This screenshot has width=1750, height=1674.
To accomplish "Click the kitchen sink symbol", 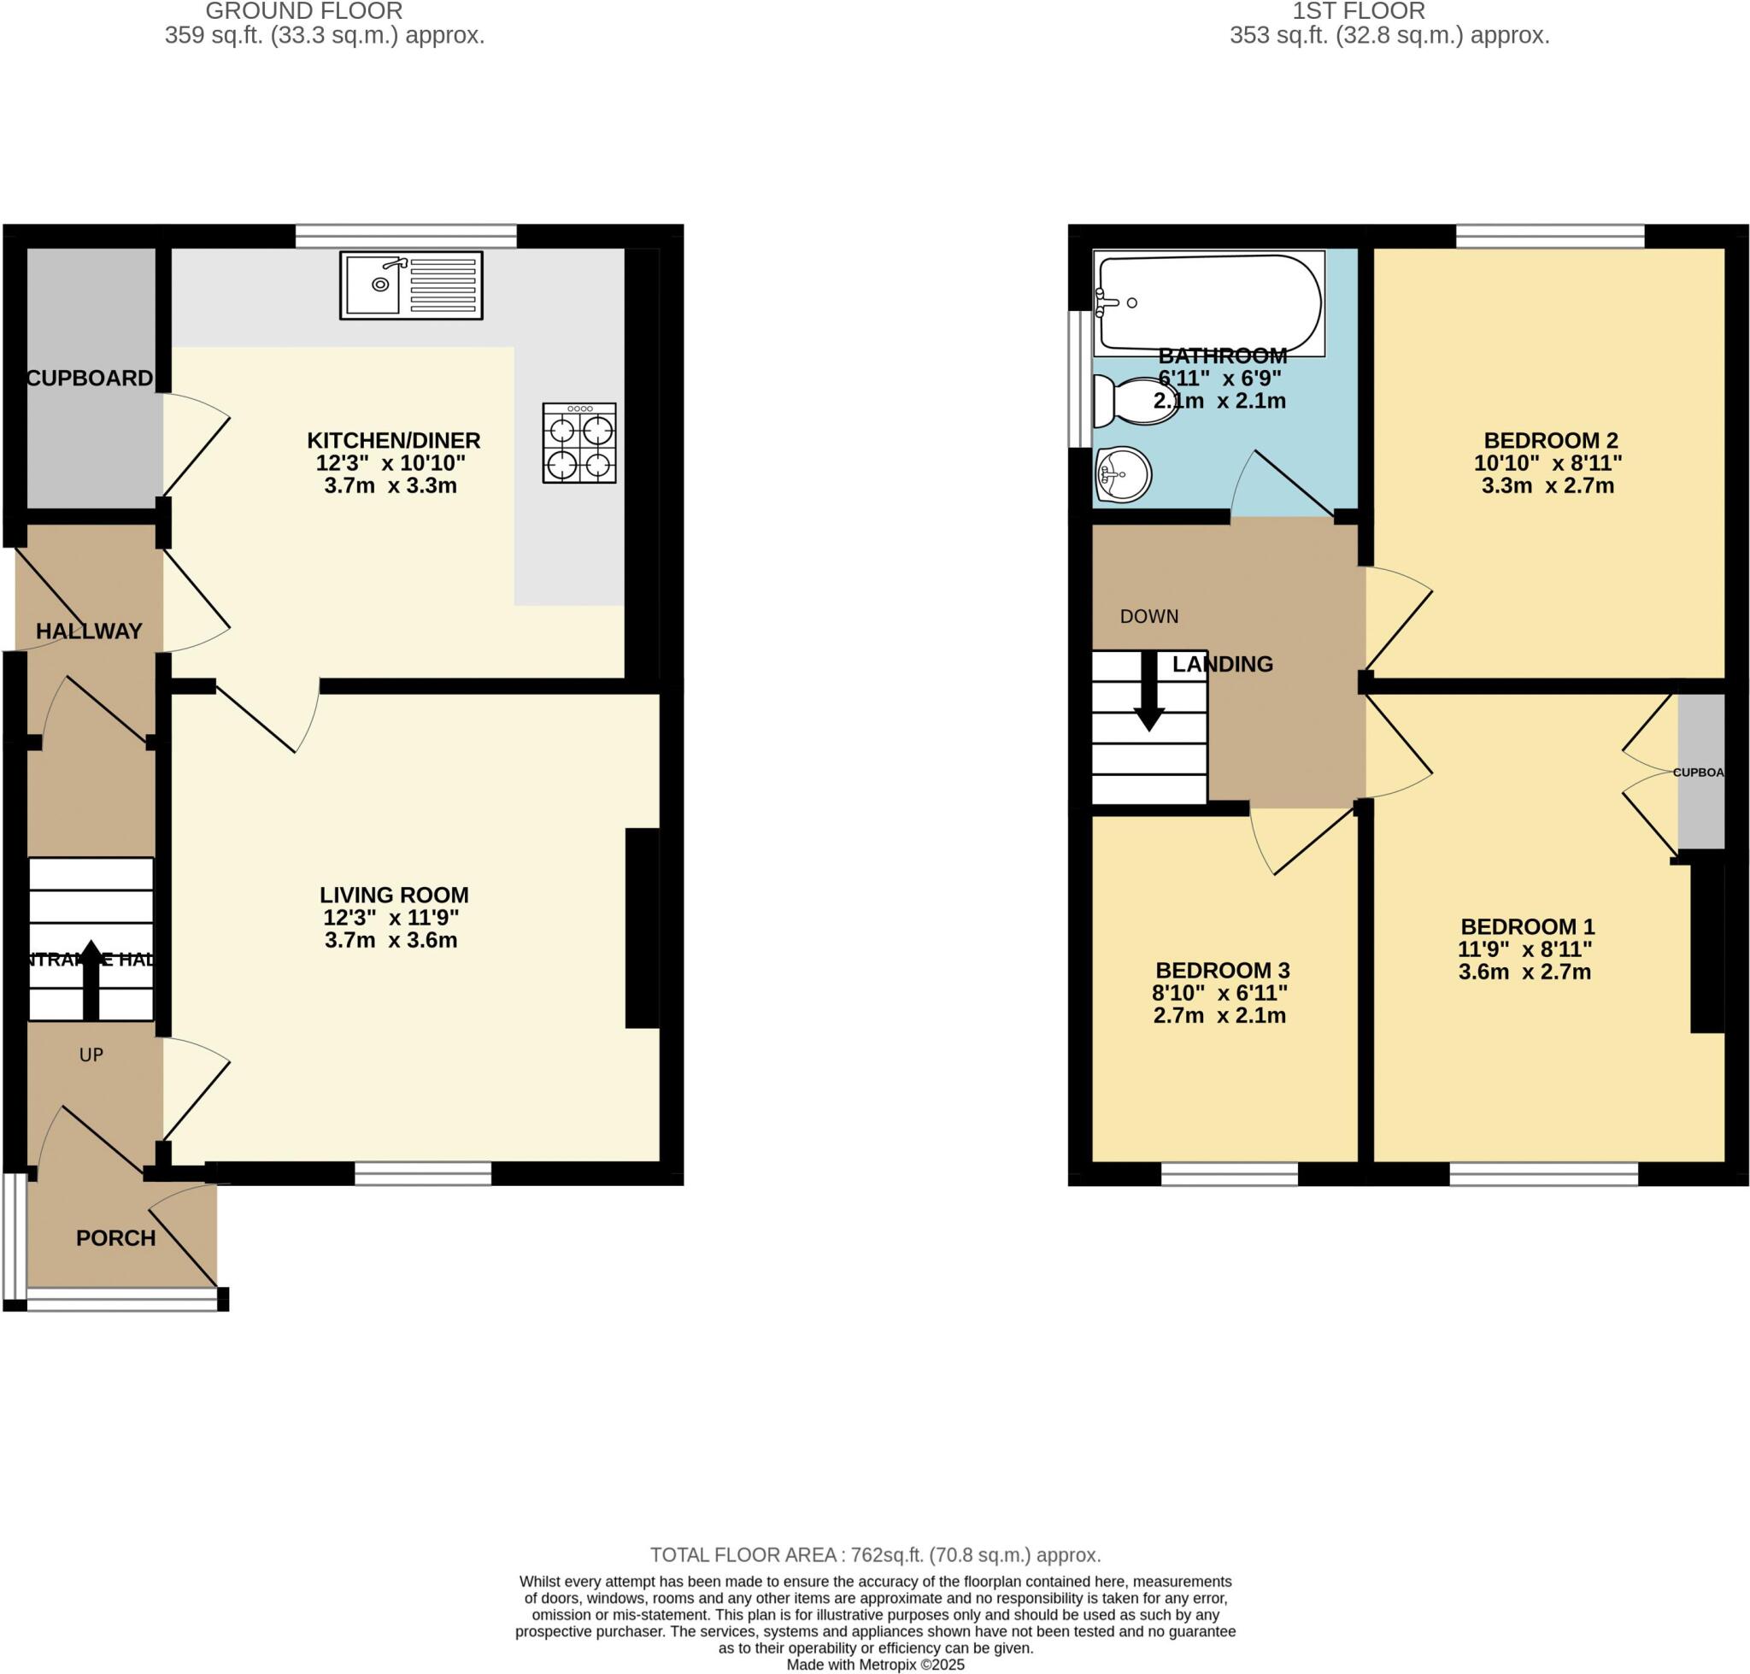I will [x=410, y=285].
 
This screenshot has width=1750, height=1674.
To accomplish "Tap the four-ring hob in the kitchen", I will [x=578, y=443].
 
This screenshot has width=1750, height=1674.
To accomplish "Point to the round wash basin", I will [x=1123, y=473].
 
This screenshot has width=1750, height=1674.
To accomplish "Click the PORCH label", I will [x=115, y=1237].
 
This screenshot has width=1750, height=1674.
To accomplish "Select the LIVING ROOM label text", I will [x=394, y=894].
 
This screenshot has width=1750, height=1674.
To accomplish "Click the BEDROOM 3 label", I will [x=1222, y=970].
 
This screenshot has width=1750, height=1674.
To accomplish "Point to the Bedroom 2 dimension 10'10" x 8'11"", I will [x=1547, y=463].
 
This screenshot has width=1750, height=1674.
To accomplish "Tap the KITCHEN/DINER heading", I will [x=394, y=440].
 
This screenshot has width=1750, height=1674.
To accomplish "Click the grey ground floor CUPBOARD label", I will [x=89, y=378].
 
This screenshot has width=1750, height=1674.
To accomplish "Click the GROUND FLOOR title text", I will [x=303, y=11].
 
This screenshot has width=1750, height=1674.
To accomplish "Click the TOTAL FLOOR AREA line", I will [x=874, y=1555].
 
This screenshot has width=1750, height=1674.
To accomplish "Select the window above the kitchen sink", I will [x=405, y=236].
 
